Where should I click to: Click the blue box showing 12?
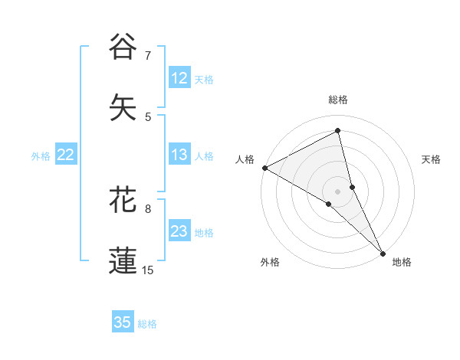click(x=179, y=78)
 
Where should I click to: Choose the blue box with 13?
click(x=179, y=155)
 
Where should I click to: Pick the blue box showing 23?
click(x=179, y=231)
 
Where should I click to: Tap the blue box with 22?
click(x=66, y=155)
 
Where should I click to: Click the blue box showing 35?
click(x=123, y=322)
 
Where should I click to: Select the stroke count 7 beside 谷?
click(x=149, y=56)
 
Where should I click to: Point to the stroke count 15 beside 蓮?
click(x=148, y=270)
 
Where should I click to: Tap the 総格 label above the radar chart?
click(x=338, y=100)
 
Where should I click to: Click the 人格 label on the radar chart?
click(x=245, y=159)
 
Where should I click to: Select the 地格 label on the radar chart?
click(x=402, y=262)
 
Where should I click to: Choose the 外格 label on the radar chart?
click(x=270, y=262)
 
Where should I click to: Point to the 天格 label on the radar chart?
click(x=432, y=159)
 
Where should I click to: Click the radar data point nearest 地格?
click(x=383, y=252)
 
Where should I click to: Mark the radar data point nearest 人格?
click(x=264, y=167)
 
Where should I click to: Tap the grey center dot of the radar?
click(x=338, y=191)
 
